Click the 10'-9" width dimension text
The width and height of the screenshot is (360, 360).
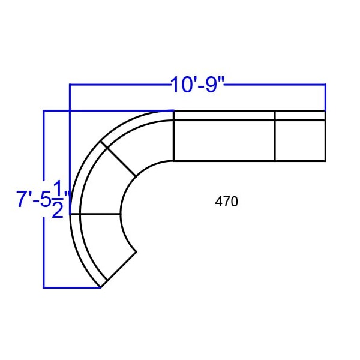pos(197,85)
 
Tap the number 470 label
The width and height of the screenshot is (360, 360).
pos(226,202)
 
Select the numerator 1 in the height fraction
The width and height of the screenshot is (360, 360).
pos(58,188)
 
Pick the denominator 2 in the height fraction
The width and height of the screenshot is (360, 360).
pos(58,210)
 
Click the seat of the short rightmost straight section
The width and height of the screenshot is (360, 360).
pos(301,140)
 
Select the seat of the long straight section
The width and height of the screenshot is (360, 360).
pos(224,140)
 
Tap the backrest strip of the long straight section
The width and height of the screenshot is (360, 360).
pos(224,115)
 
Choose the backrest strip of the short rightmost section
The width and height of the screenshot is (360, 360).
pos(301,115)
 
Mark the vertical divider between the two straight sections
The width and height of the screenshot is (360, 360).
pos(275,136)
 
